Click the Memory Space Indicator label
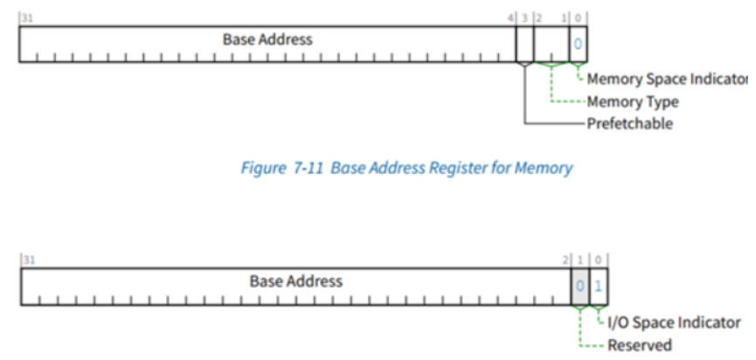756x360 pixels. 667,80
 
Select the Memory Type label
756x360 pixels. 633,102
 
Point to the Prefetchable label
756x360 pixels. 629,123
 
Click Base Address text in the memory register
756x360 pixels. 267,39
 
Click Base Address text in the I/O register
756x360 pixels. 295,281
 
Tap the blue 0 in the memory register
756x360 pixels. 578,43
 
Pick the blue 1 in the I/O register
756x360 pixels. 600,285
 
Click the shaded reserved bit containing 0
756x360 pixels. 579,286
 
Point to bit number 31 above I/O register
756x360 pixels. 27,259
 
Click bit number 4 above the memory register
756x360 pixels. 510,17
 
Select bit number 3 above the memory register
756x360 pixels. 524,17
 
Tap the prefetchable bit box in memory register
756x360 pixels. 524,43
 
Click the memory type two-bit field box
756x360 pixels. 551,43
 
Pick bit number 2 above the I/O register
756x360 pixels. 565,259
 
